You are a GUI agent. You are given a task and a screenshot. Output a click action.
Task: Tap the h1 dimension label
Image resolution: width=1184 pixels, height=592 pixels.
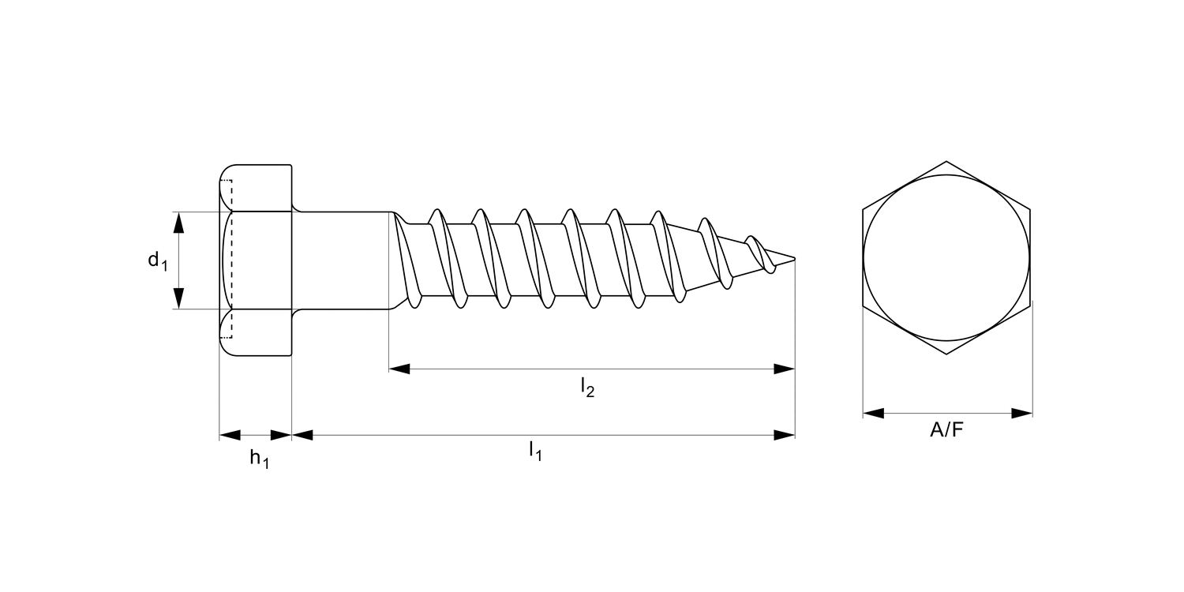[260, 459]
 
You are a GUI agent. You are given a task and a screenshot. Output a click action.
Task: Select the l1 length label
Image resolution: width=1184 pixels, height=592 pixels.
[535, 451]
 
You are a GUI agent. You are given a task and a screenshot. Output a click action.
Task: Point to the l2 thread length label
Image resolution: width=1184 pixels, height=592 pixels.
[587, 387]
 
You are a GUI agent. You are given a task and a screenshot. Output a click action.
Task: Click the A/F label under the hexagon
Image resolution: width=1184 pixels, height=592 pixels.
[946, 429]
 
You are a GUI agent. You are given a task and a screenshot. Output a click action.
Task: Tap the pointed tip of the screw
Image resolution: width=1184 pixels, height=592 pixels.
[794, 258]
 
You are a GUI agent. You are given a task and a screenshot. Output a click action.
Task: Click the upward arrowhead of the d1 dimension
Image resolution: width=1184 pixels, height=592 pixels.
[178, 223]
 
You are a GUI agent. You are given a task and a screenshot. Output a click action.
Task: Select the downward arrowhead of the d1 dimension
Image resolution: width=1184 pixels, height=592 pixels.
[178, 298]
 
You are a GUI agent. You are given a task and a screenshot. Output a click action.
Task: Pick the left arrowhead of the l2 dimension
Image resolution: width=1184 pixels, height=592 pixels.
[399, 369]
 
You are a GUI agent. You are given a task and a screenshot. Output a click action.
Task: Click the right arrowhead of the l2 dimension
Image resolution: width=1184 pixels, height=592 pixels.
[785, 369]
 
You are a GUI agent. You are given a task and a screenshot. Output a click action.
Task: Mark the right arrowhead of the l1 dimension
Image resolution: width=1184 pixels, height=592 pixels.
[785, 435]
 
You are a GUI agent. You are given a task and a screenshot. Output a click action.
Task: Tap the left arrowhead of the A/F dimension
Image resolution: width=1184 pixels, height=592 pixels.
[873, 414]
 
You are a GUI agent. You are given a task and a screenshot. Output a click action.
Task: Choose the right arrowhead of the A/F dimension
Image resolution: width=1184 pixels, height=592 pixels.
[1021, 414]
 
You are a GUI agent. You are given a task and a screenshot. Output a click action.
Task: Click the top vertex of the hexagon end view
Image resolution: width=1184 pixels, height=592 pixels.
[946, 161]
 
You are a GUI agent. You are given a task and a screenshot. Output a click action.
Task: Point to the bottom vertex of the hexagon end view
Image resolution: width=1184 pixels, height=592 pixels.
[946, 354]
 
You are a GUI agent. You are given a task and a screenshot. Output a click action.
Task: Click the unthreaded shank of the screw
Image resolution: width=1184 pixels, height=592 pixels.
[342, 260]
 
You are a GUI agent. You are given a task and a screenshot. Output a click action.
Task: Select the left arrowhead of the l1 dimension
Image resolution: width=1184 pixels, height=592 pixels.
[302, 435]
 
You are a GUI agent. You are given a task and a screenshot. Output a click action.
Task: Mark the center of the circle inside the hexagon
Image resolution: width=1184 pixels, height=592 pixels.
[946, 257]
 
